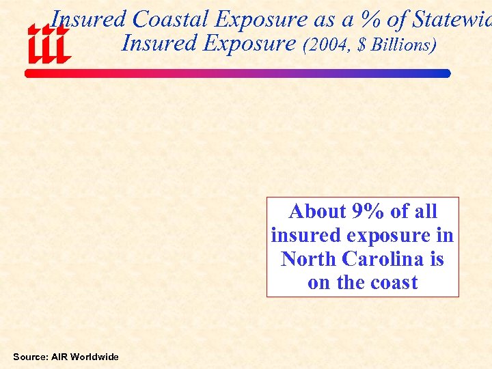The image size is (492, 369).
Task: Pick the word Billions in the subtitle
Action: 402,45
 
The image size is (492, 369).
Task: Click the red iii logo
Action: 48,43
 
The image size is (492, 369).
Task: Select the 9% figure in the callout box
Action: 368,211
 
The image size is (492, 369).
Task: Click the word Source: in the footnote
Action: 31,357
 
